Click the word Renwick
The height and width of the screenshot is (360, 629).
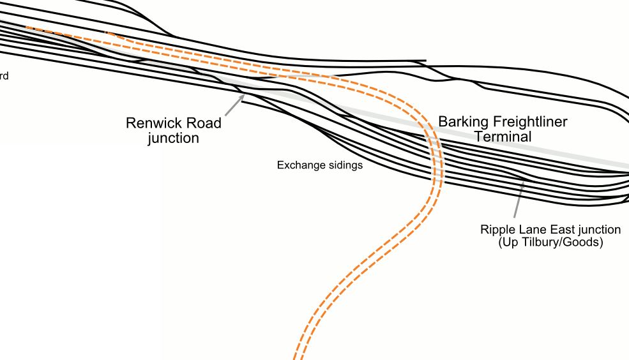pos(153,123)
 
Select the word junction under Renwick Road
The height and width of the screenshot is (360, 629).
pos(174,138)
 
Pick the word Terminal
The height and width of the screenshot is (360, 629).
pos(503,136)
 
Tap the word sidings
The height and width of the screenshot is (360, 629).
pos(344,165)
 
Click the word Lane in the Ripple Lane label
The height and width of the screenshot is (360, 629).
pos(529,229)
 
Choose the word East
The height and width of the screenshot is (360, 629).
pos(557,229)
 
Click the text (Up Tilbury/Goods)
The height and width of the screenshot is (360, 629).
pos(550,243)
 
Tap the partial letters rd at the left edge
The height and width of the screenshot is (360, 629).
pos(4,77)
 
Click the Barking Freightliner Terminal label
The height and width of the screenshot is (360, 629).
pos(503,128)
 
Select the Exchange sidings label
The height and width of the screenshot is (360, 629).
pos(319,165)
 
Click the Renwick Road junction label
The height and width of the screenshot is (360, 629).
pos(174,130)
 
